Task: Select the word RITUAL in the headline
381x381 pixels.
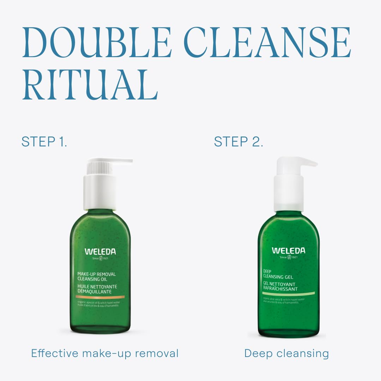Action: [90, 85]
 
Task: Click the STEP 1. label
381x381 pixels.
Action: [44, 142]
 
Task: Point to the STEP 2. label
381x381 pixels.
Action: [238, 142]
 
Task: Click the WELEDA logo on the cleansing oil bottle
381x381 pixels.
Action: [100, 252]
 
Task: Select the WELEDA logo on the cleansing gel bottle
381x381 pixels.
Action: [288, 250]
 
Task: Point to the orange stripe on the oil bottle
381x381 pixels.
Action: [100, 297]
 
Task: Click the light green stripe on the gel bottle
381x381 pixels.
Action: [288, 294]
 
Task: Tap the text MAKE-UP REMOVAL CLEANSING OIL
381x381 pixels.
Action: [96, 276]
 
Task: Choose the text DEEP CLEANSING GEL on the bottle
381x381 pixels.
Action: [278, 274]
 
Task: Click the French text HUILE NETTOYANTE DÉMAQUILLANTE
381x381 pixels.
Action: [97, 289]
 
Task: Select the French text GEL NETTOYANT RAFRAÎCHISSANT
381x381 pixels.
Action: [280, 286]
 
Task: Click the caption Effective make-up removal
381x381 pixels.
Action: [105, 353]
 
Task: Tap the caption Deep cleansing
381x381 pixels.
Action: [286, 353]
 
